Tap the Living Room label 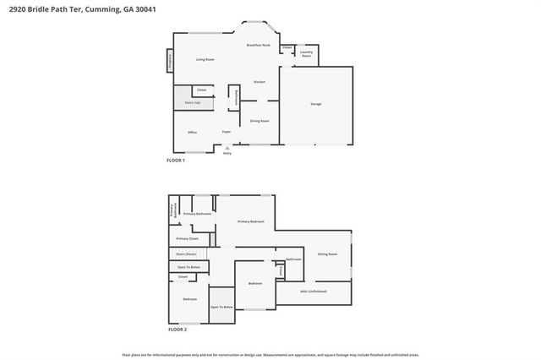(x=205, y=59)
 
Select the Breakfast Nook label (x=258, y=45)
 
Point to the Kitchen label (x=260, y=82)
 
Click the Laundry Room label (x=306, y=54)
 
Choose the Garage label (x=316, y=104)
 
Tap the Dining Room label (x=260, y=121)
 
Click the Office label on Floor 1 (x=192, y=133)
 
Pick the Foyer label (x=227, y=133)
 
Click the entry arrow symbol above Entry (x=227, y=148)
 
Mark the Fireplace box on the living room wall (x=169, y=60)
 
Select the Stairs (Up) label (x=192, y=103)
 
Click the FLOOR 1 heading (x=176, y=159)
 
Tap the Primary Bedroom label (x=250, y=221)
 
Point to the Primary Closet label (x=188, y=239)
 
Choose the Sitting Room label (x=327, y=254)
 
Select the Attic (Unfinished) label (x=314, y=291)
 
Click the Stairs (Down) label (x=186, y=254)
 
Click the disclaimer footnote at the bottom (x=270, y=354)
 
